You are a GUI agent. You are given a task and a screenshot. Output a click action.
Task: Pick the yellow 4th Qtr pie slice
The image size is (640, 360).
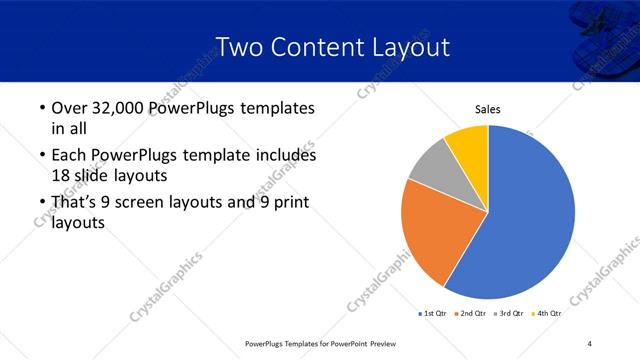[x=468, y=145]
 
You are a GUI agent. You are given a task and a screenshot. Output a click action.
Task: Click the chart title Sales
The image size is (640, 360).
[x=487, y=110]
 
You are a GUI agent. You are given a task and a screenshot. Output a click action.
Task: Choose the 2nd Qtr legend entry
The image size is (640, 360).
[x=474, y=314]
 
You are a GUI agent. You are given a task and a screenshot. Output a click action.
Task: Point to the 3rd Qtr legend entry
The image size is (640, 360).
[x=512, y=314]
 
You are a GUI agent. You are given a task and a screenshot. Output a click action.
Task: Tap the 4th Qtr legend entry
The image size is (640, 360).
[x=549, y=314]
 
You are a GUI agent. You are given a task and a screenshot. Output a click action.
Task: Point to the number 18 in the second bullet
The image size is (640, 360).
[x=62, y=175]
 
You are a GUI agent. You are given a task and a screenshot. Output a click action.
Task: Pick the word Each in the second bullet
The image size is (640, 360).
[x=69, y=156]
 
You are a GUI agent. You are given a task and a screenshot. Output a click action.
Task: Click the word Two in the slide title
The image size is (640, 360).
[x=238, y=47]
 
